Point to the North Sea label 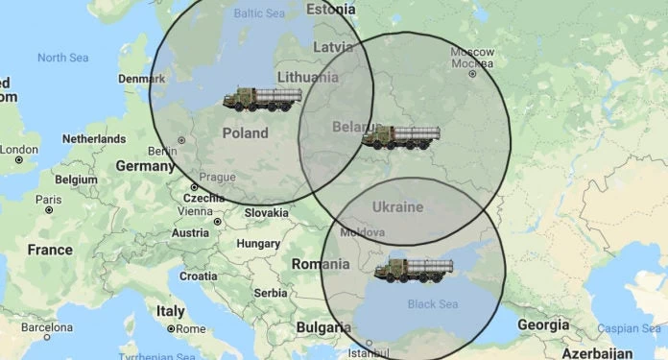click(x=62, y=58)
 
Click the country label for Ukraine click(x=397, y=207)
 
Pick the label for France click(x=50, y=250)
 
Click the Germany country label click(x=144, y=165)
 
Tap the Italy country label click(x=171, y=311)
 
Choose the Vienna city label click(x=195, y=211)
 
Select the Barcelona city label click(x=47, y=326)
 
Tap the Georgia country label click(x=542, y=324)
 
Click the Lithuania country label click(x=306, y=76)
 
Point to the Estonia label click(x=330, y=9)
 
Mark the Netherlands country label click(x=93, y=139)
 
